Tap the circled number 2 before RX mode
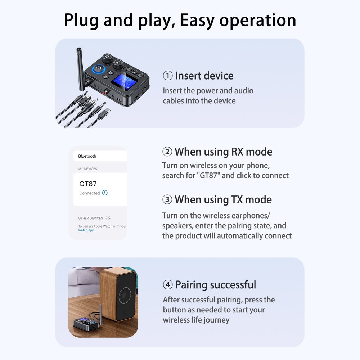[167, 152]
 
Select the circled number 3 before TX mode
[167, 200]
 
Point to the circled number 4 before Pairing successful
[168, 285]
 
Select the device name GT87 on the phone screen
[88, 184]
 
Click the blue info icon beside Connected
[105, 193]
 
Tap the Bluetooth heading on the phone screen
[87, 156]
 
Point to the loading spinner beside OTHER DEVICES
[108, 218]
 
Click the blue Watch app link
[86, 230]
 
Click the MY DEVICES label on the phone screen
[87, 169]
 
